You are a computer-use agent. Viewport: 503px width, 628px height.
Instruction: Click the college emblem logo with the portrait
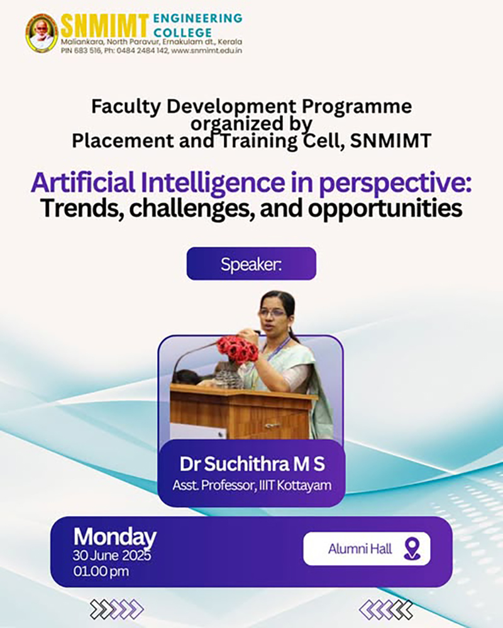41,33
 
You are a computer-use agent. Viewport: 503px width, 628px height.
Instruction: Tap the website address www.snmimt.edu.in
207,51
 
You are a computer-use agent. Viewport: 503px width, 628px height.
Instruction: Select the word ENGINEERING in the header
198,18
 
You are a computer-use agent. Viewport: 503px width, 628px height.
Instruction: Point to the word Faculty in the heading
126,107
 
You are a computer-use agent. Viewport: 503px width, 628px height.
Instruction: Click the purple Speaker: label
251,264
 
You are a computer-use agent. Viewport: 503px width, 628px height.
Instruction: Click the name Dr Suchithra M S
252,464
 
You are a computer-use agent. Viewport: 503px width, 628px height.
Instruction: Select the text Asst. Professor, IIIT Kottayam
252,485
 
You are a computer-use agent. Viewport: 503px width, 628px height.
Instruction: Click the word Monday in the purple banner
115,538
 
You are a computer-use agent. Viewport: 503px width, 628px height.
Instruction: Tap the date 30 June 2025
112,556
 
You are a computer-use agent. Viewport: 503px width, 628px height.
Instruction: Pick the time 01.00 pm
101,571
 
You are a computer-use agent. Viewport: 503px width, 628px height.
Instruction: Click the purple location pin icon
412,549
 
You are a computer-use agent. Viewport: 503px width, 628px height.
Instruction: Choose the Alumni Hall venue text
360,549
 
